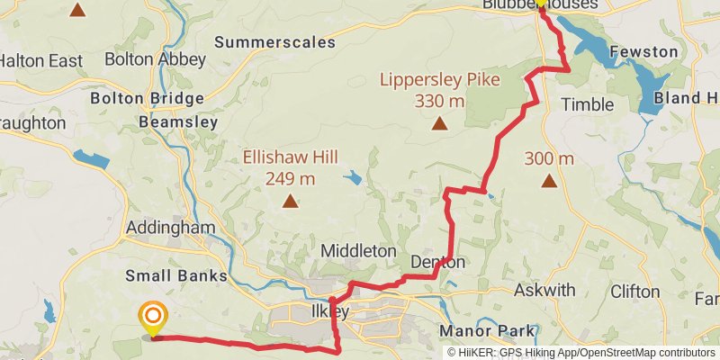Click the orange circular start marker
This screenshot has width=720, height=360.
coord(153,316)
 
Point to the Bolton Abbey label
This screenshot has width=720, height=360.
coord(156,60)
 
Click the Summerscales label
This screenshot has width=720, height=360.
coord(274,41)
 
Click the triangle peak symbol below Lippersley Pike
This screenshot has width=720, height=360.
coord(439,124)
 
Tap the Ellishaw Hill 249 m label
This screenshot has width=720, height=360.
coord(290,167)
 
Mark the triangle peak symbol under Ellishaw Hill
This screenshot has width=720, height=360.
coord(290,202)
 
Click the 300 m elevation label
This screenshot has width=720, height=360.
coord(549,159)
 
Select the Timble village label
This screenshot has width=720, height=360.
coord(587,104)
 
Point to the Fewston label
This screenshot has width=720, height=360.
coord(643,51)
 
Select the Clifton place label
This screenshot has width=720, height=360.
coord(634,292)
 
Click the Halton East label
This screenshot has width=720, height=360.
coord(41,61)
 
